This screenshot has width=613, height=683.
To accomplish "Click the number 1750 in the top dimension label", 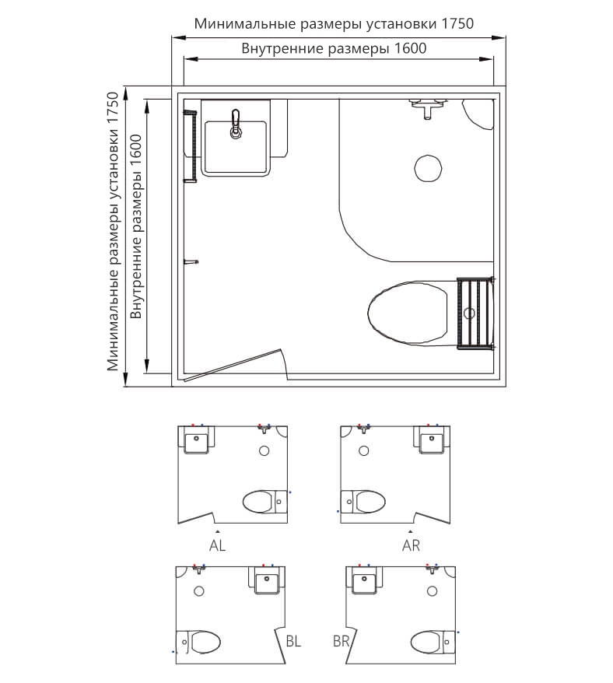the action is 457,23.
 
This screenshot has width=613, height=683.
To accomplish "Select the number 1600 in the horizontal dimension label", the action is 410,48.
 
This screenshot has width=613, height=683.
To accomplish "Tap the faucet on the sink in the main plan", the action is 236,124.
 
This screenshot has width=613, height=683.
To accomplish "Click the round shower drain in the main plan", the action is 429,168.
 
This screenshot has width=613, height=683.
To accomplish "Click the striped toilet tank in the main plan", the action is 475,313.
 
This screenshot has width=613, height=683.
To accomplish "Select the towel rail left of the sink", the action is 191,146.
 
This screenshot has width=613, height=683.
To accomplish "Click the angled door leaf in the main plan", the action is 233,365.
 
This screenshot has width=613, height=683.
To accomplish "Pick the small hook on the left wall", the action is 191,262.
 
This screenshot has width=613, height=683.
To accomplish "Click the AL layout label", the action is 217,545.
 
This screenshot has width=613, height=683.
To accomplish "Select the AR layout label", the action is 411,545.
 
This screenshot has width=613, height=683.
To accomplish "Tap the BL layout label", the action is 293,641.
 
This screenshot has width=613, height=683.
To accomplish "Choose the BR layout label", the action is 342,641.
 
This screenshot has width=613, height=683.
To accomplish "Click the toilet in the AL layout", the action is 265,502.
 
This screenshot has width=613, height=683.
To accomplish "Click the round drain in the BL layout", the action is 199,591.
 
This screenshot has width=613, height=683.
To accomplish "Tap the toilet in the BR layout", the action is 433,642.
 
